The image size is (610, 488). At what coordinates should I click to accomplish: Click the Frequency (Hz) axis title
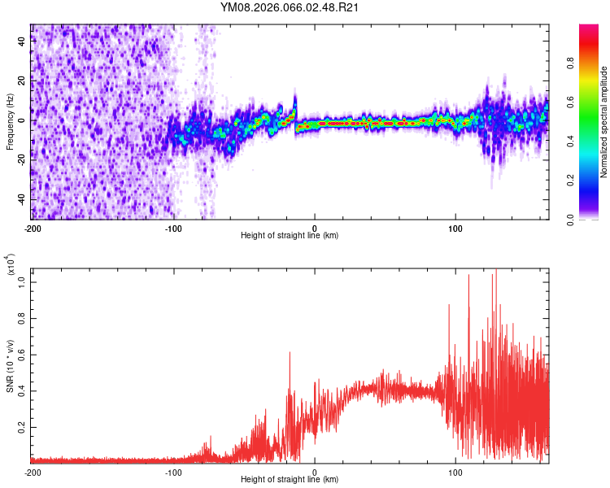tap(10, 121)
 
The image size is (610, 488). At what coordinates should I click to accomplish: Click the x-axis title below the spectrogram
tap(290, 236)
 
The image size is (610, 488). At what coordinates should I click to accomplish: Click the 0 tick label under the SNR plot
tap(315, 472)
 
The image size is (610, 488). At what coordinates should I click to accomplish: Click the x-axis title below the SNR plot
tap(290, 480)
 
